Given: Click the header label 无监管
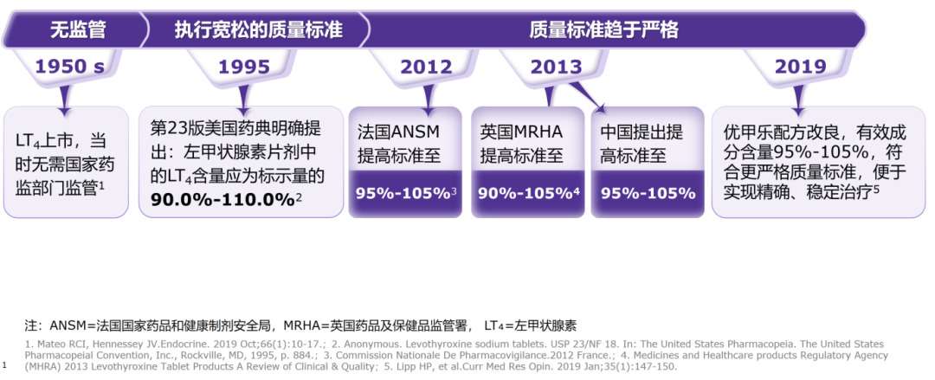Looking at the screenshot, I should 78,30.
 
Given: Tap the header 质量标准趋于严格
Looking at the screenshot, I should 603,30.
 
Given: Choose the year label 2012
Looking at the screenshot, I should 426,67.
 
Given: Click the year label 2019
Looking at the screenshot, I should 800,67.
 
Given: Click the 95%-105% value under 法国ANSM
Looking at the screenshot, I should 403,192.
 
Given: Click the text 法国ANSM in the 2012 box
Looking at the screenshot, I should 399,132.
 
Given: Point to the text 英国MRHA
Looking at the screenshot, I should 521,132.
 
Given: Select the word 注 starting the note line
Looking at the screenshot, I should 32,325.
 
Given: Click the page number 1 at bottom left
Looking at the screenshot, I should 5,365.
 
